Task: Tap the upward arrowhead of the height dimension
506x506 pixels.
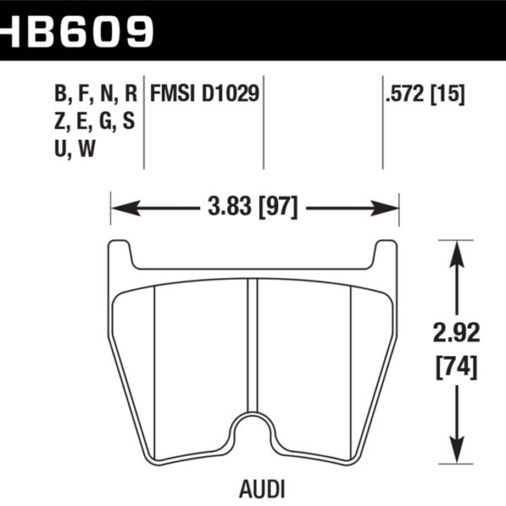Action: tap(456, 248)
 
